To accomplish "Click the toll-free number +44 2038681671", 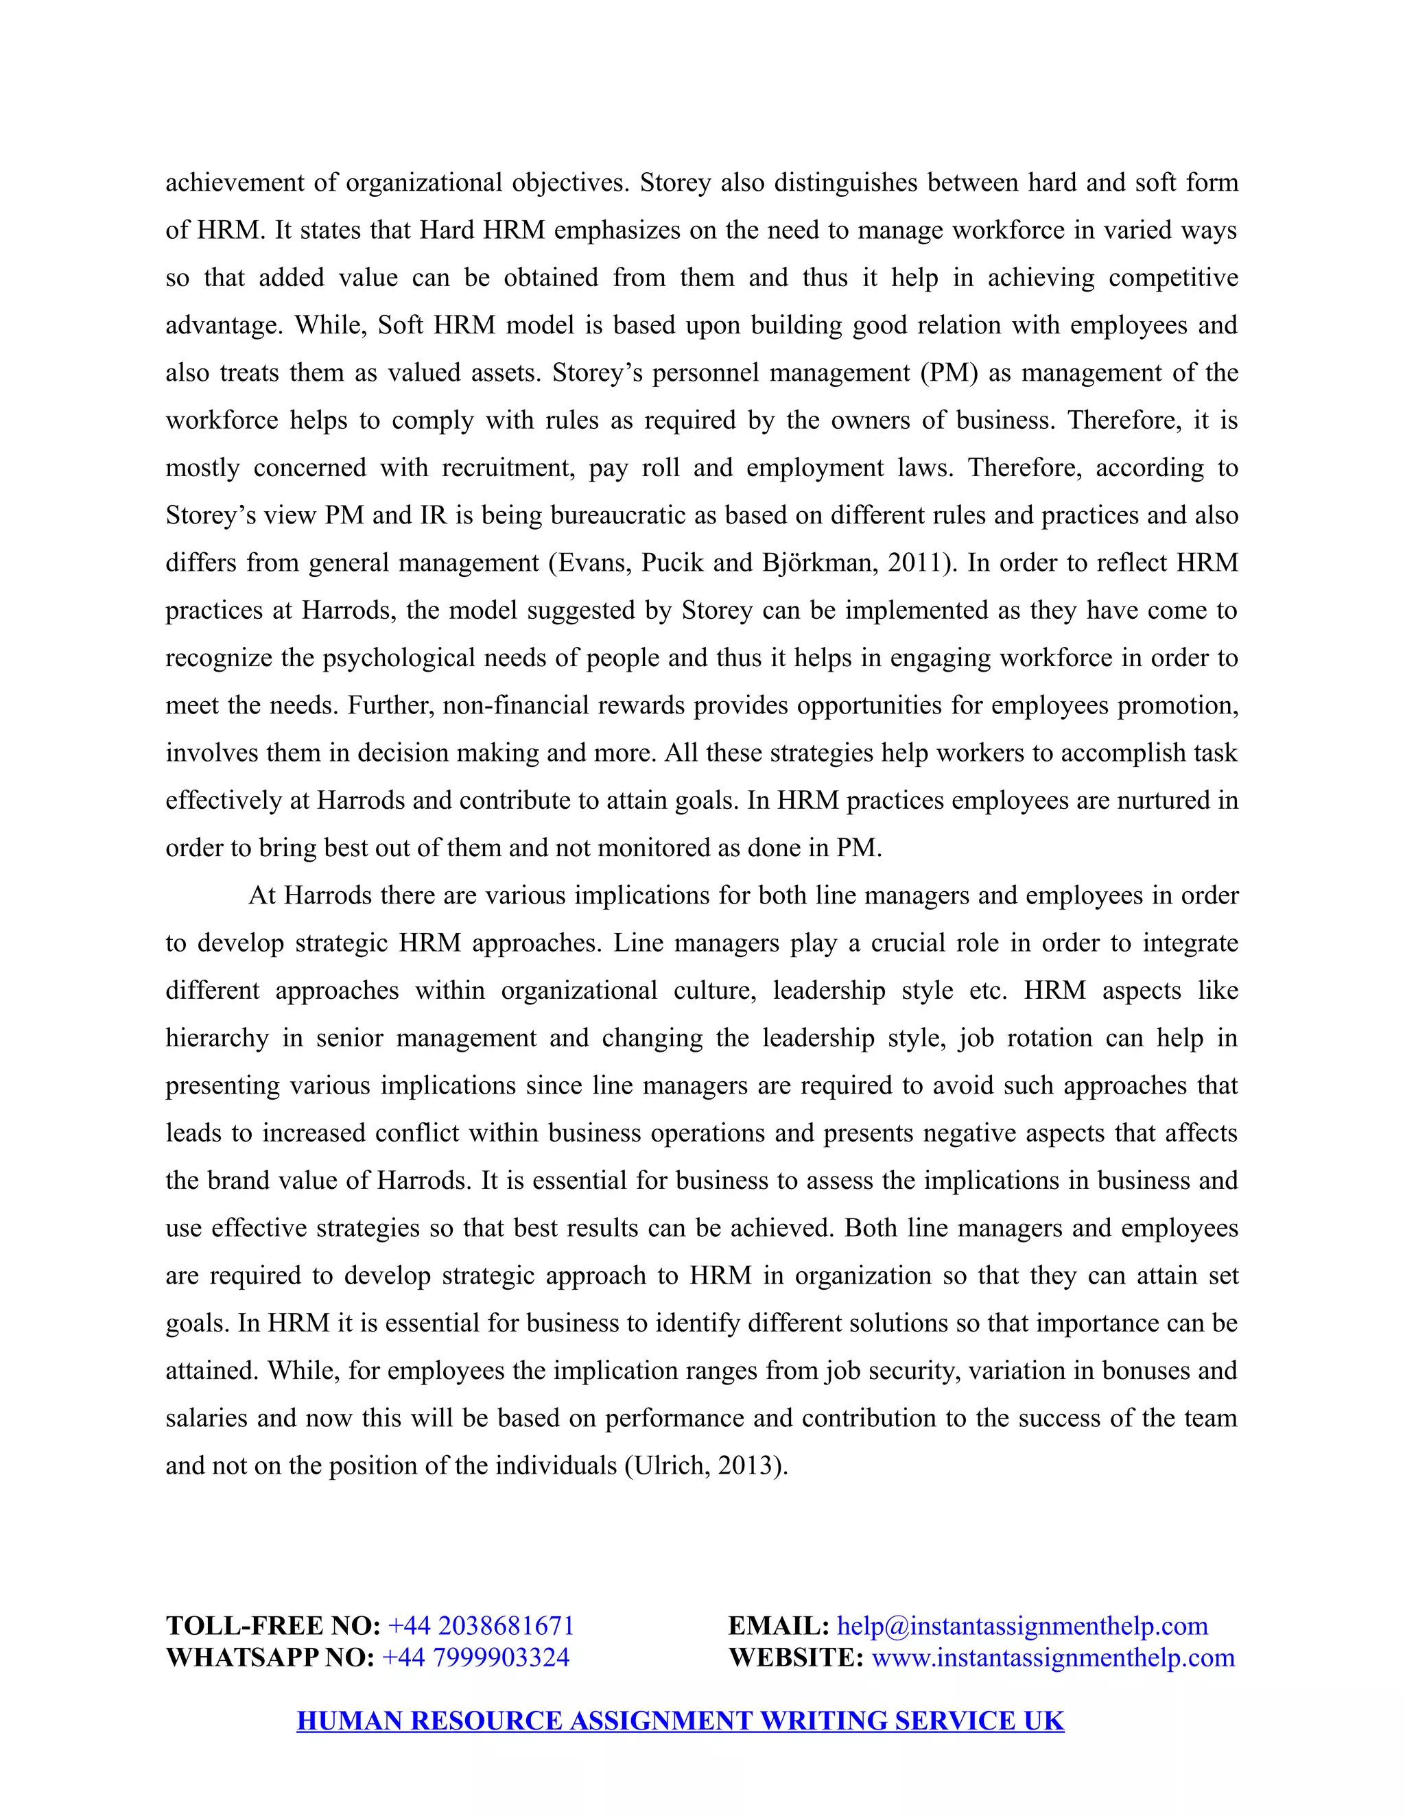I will pos(481,1626).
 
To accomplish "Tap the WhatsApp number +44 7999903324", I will pos(475,1657).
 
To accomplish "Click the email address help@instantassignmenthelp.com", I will pos(1022,1626).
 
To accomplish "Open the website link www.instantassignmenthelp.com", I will pos(1053,1657).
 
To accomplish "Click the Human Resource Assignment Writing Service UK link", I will pos(680,1721).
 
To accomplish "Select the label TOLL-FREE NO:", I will pos(273,1626).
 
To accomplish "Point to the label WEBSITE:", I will pos(796,1657).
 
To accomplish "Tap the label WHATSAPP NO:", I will pos(270,1657).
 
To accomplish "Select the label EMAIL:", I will pos(778,1626).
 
